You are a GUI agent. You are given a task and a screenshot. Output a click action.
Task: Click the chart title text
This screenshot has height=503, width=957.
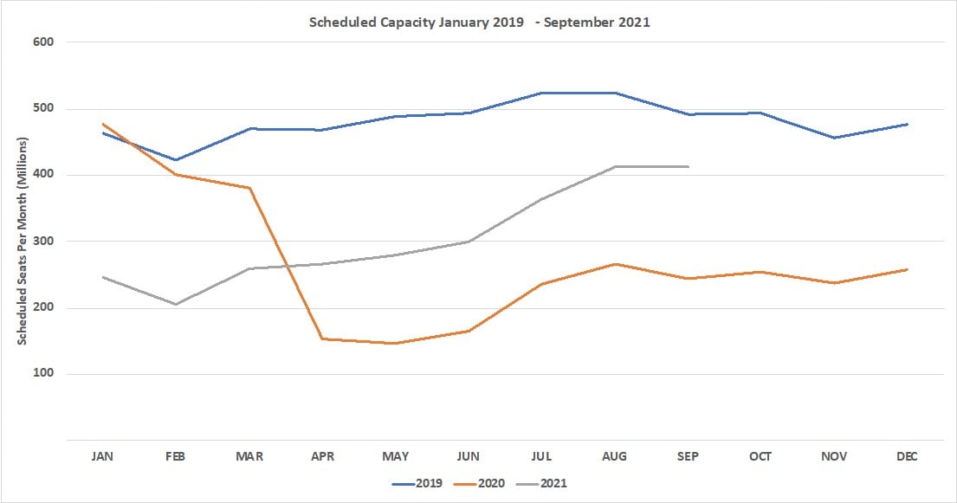point(479,23)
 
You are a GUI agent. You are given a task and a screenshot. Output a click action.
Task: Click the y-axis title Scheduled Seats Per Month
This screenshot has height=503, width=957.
point(22,241)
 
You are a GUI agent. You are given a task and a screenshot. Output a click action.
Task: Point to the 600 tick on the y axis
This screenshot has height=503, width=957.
point(42,42)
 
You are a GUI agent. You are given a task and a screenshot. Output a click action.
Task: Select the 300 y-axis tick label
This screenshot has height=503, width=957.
point(42,242)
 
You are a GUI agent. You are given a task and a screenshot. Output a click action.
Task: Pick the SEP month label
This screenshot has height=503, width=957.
point(688,456)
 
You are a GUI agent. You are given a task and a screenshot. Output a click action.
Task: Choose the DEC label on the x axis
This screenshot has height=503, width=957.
point(907,456)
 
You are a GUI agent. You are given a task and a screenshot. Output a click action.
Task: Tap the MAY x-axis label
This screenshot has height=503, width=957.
point(395,456)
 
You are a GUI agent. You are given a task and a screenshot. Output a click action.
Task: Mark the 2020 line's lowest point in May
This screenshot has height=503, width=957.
point(395,344)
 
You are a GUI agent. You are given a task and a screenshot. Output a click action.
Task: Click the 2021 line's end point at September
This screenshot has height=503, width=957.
point(689,166)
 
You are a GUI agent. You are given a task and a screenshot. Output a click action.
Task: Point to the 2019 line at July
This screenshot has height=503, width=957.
point(541,93)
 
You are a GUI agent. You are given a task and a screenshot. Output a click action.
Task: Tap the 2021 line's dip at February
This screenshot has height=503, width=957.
point(176,304)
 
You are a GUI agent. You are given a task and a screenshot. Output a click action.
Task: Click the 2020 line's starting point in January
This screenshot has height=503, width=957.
point(102,124)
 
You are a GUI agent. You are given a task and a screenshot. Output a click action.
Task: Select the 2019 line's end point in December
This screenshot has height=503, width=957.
point(907,125)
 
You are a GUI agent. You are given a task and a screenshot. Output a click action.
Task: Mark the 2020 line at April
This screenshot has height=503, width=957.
point(322,339)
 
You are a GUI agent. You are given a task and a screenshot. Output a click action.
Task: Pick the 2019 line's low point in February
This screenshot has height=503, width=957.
point(176,160)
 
